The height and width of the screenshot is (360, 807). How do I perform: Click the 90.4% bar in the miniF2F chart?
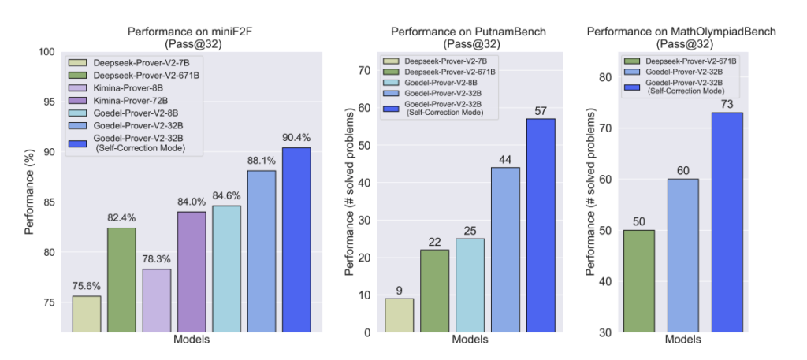(296, 240)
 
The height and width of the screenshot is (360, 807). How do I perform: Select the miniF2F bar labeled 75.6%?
(86, 314)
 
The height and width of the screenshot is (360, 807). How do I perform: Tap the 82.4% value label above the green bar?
(121, 216)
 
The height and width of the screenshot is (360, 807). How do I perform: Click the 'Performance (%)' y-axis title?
(29, 192)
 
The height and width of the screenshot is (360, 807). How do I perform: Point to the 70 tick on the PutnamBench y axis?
(364, 71)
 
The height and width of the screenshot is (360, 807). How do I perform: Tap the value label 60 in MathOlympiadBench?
(682, 171)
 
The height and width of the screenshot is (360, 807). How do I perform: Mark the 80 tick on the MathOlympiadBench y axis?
(606, 77)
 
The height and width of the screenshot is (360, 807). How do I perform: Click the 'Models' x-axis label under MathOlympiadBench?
(682, 340)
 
